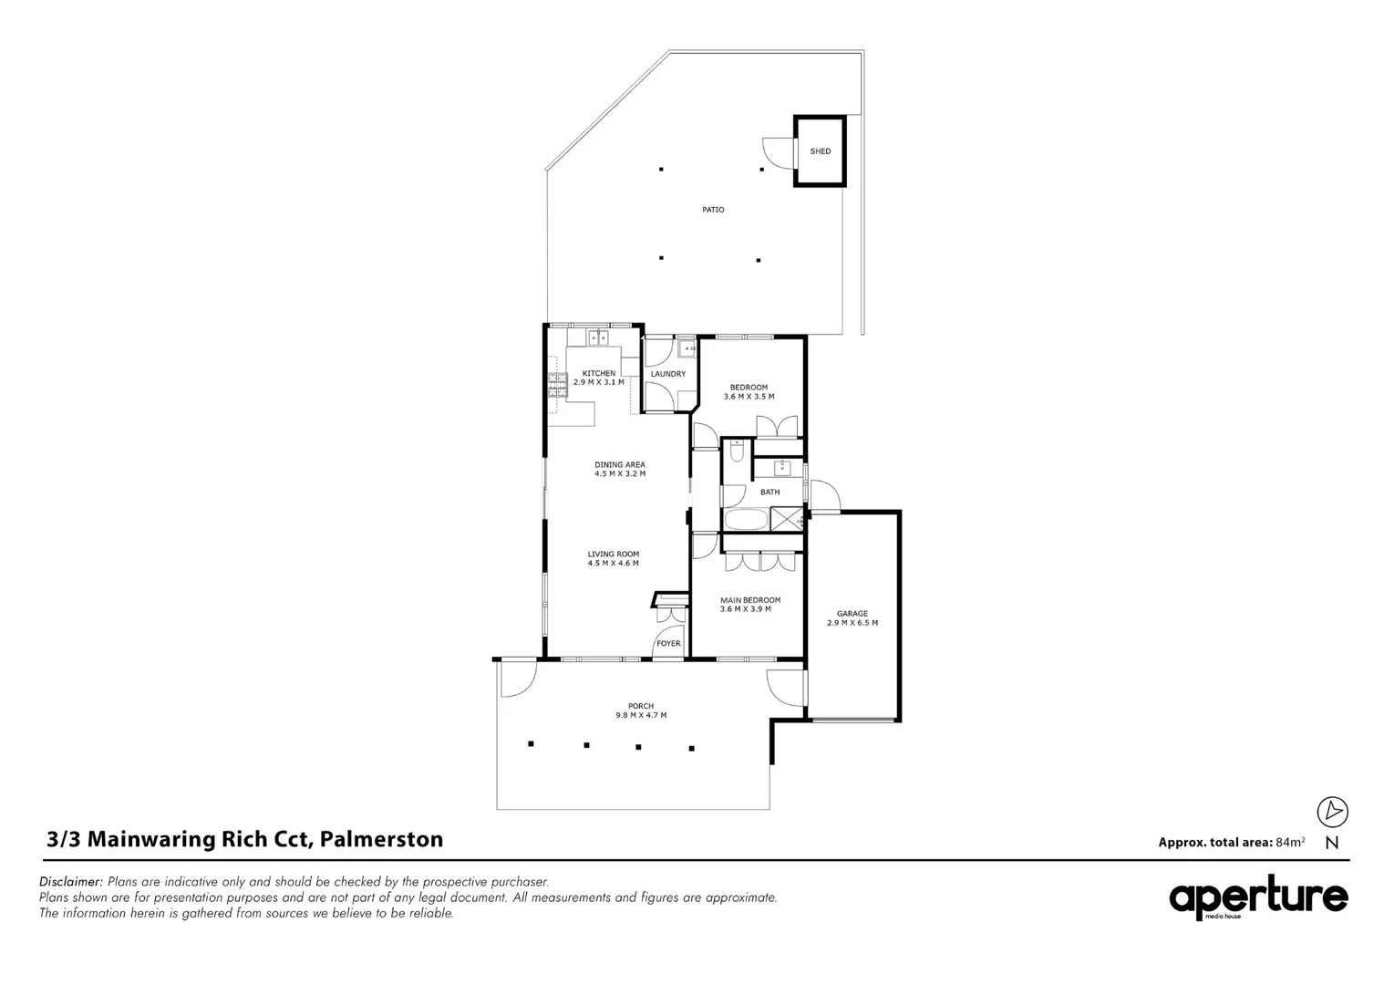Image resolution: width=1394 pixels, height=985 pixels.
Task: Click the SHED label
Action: [821, 151]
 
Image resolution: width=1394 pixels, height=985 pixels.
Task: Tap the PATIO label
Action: [713, 210]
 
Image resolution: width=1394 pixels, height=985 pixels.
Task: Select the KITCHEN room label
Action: [599, 373]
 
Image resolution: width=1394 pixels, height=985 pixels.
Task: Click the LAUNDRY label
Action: [668, 374]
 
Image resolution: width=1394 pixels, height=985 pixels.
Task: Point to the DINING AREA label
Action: [620, 465]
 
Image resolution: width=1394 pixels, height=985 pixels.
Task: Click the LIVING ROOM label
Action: [614, 554]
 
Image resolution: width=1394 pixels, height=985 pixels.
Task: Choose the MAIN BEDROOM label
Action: [750, 600]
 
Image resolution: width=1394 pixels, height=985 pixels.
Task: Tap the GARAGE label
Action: [852, 614]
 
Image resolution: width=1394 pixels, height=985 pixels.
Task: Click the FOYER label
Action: [668, 644]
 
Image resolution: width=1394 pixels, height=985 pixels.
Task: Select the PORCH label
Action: [641, 706]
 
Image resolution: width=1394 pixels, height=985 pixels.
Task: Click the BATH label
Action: [770, 493]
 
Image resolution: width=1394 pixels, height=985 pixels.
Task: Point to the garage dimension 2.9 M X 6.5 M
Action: [852, 623]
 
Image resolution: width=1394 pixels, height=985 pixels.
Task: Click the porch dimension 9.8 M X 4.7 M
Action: [641, 715]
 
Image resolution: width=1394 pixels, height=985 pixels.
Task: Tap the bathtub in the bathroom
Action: [746, 520]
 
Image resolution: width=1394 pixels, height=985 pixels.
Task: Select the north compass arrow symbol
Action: [1332, 811]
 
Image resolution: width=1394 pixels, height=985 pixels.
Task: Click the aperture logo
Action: [1258, 898]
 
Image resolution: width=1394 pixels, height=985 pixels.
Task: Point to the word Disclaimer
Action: [71, 882]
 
